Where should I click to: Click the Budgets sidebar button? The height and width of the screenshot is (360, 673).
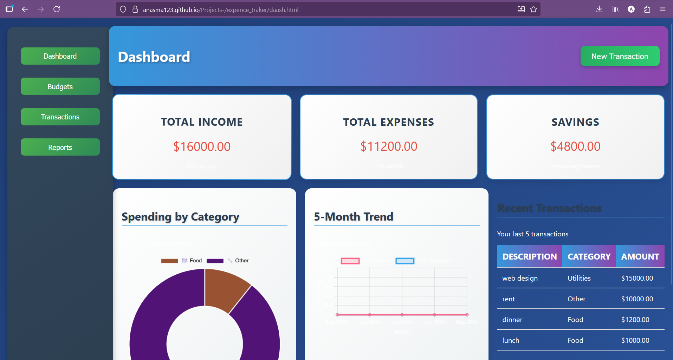[x=60, y=86]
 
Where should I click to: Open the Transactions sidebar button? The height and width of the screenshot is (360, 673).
[x=60, y=117]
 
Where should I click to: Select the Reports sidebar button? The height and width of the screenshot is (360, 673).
[x=60, y=148]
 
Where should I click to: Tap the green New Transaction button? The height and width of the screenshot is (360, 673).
[x=620, y=56]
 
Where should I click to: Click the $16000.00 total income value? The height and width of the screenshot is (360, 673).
[x=202, y=146]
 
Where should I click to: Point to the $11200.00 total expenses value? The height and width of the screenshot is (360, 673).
[x=389, y=146]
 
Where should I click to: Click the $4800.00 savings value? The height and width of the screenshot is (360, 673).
[x=575, y=146]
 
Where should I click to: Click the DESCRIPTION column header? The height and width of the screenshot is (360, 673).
[x=529, y=256]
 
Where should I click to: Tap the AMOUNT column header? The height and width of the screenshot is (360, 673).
[x=640, y=256]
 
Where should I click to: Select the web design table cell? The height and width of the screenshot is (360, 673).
[x=520, y=278]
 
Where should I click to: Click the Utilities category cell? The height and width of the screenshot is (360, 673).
[x=579, y=278]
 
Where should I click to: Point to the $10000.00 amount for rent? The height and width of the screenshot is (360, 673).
[x=637, y=299]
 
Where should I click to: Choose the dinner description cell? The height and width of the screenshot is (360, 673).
[x=512, y=320]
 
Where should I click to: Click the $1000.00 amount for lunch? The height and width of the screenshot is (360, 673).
[x=635, y=340]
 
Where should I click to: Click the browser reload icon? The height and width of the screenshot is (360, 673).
[x=57, y=9]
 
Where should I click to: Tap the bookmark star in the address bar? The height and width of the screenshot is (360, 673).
[x=533, y=9]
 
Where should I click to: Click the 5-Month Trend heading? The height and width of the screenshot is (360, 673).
[x=353, y=217]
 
